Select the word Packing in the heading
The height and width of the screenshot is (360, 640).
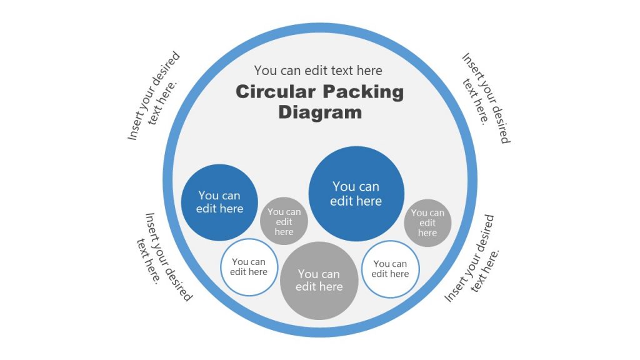click(363, 92)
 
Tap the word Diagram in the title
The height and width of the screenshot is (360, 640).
click(320, 112)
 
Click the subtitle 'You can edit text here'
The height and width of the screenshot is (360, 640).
click(318, 71)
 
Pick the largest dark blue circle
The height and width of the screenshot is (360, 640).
click(356, 194)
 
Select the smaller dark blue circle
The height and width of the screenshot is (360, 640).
click(219, 202)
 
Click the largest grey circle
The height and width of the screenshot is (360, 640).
click(319, 281)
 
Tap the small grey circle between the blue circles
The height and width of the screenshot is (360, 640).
click(284, 221)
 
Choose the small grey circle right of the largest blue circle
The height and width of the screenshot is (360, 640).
click(427, 222)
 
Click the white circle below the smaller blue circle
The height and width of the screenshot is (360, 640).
click(249, 267)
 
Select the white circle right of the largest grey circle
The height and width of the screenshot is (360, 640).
click(391, 269)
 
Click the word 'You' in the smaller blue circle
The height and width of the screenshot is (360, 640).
click(209, 196)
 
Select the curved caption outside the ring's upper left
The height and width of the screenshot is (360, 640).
click(154, 97)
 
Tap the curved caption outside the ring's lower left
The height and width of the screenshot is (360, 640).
click(164, 256)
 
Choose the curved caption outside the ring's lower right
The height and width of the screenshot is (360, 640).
click(475, 257)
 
